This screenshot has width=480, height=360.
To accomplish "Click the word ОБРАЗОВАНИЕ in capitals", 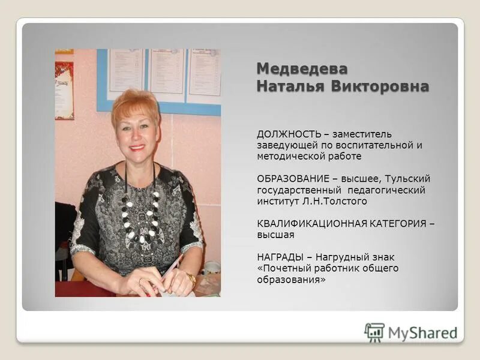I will pos(293,179).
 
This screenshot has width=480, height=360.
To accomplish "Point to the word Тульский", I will pos(407,179).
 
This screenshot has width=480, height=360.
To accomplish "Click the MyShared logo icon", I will pos(374,332).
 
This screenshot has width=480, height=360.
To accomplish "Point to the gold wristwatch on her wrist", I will pos(191,278).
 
